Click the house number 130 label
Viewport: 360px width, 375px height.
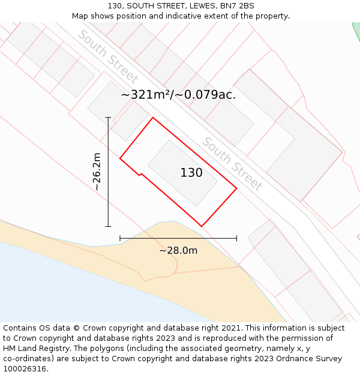tap(191, 173)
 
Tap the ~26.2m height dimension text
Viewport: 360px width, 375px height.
tap(96, 172)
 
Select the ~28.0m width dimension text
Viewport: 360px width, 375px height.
tap(178, 250)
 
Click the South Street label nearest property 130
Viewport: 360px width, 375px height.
tap(232, 164)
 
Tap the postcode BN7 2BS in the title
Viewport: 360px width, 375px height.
tap(238, 5)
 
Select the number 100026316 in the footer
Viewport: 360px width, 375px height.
tap(25, 368)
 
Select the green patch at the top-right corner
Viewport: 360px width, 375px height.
tap(356, 30)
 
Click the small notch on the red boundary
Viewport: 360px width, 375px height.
tap(140, 175)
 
